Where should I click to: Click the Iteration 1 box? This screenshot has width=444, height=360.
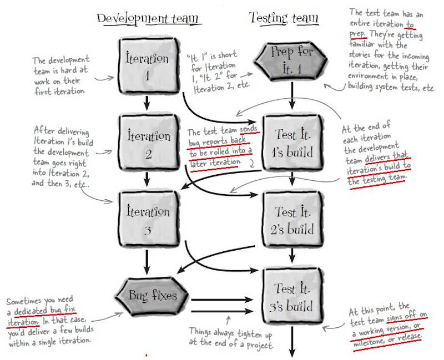[149, 65]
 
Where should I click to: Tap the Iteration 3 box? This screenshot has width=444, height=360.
[149, 219]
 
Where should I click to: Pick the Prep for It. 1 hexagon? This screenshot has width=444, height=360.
[291, 60]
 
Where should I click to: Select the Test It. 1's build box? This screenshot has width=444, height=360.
[293, 143]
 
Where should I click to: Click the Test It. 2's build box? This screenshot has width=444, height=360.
[293, 220]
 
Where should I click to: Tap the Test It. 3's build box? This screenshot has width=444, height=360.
[293, 296]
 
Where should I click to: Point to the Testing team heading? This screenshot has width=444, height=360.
[284, 18]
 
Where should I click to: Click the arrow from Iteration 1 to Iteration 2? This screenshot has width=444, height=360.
[147, 103]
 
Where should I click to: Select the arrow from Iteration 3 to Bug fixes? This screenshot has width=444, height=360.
[147, 262]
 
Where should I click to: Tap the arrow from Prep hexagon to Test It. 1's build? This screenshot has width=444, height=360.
[292, 95]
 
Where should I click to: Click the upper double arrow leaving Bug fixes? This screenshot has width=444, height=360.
[222, 300]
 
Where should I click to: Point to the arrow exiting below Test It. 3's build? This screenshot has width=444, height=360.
[292, 342]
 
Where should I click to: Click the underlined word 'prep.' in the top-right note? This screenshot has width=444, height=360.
[357, 34]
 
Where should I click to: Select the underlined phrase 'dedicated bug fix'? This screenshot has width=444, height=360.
[46, 310]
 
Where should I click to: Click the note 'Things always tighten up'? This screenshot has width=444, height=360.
[230, 333]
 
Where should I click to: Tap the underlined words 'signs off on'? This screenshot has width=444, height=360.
[407, 316]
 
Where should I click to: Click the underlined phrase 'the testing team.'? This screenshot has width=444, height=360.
[377, 179]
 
